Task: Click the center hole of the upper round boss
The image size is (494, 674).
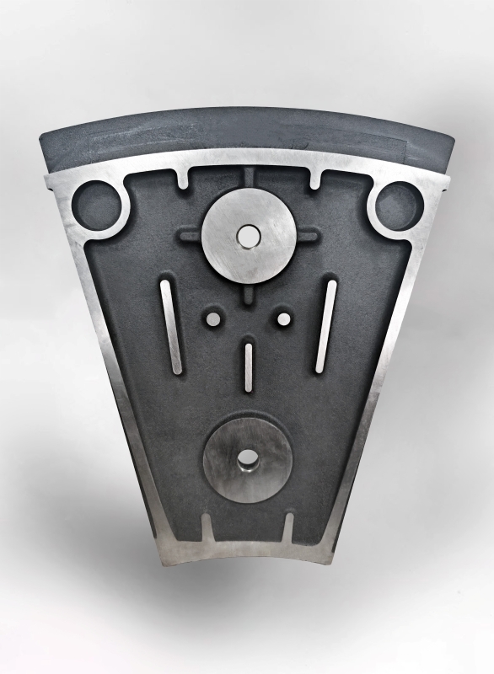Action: pos(247,238)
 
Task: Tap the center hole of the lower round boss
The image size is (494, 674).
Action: pos(247,459)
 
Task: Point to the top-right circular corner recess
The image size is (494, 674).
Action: pos(398,206)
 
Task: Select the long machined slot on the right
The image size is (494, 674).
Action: pos(325,326)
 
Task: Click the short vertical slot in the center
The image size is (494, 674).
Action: pos(248,366)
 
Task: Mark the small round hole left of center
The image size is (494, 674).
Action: pos(212,319)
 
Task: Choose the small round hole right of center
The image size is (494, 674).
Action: pos(283,319)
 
